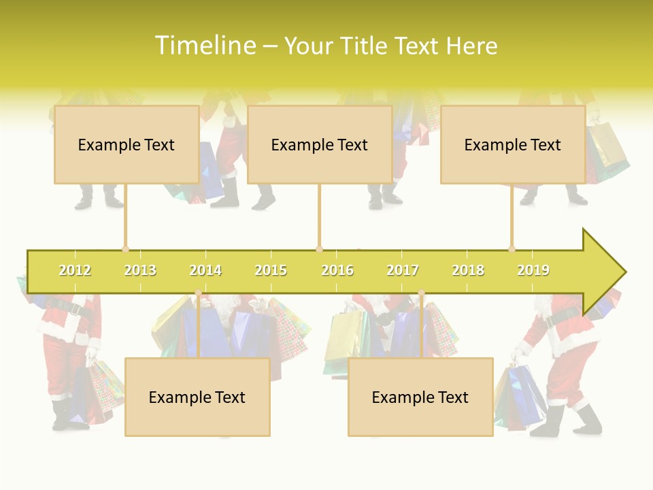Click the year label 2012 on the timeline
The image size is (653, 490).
coord(75,270)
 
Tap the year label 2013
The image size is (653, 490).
coord(140,270)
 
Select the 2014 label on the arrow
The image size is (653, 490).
coord(205,270)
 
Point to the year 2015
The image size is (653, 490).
coord(271,270)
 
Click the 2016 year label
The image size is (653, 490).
coord(337,270)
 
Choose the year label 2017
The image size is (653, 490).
coord(403,270)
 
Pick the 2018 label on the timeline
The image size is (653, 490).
coord(468,270)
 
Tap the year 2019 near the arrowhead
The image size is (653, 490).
coord(533,270)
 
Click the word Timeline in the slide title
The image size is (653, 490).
coord(205,46)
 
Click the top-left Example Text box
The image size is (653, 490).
coord(127,144)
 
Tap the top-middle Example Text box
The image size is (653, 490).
coord(320,144)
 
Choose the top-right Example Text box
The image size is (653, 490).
coord(513,144)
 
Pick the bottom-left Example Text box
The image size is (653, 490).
coord(197,397)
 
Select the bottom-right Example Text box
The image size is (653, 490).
coord(420,397)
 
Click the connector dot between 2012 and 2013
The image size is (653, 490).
coord(125,249)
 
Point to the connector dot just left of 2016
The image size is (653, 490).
coord(319,249)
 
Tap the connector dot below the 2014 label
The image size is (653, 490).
coord(199,293)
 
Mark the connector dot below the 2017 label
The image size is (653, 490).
coord(421,293)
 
